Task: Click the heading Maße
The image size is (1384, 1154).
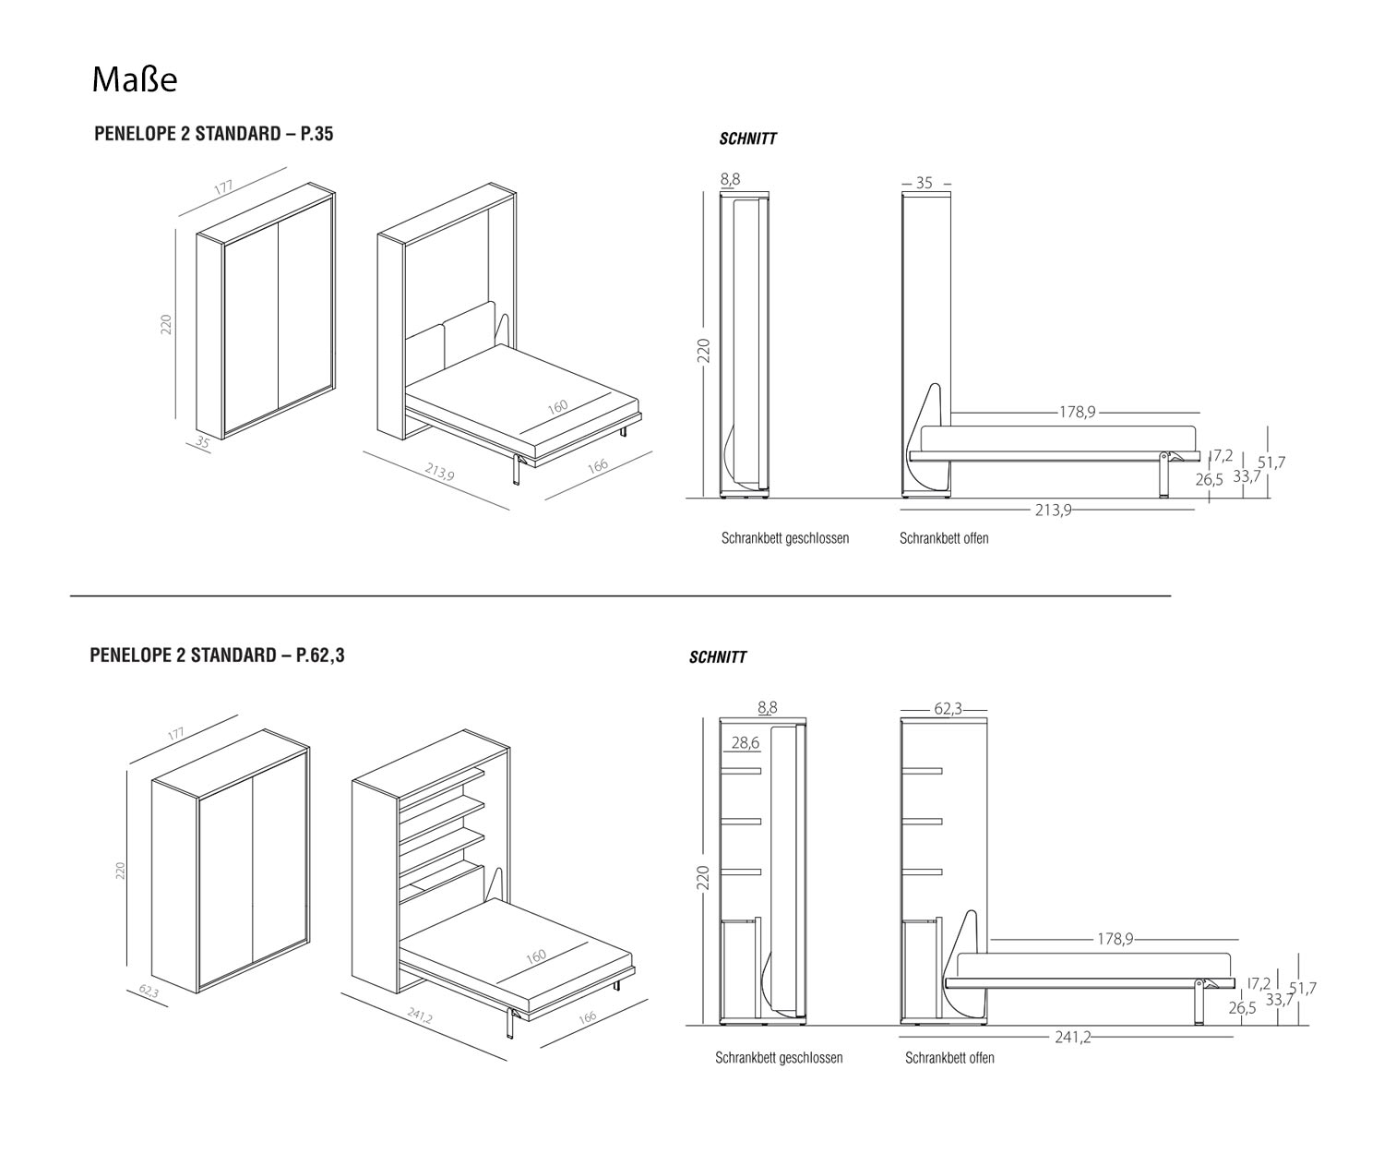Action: click(134, 80)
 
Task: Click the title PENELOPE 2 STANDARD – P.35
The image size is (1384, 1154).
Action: click(213, 134)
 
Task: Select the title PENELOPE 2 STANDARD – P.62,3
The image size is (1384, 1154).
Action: click(217, 655)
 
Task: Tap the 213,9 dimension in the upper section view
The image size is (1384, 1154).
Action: click(1053, 509)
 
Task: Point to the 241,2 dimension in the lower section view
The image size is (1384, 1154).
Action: click(1073, 1037)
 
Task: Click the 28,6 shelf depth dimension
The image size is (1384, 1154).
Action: click(745, 742)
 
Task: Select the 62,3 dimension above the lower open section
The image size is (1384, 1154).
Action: click(948, 709)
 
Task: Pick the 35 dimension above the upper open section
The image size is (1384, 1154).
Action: click(924, 184)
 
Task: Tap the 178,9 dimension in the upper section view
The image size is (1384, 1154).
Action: click(1077, 412)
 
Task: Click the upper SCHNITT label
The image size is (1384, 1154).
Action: click(747, 139)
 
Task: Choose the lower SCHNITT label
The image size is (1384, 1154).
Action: click(717, 658)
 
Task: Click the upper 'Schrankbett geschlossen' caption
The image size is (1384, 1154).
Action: click(784, 538)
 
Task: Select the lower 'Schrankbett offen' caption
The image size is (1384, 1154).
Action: click(949, 1058)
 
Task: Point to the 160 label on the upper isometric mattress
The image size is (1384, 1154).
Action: click(557, 407)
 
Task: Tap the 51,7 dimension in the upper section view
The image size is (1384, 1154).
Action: click(1271, 463)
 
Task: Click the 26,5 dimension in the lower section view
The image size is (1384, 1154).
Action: click(1242, 1008)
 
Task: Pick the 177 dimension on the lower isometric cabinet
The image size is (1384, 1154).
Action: click(175, 734)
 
